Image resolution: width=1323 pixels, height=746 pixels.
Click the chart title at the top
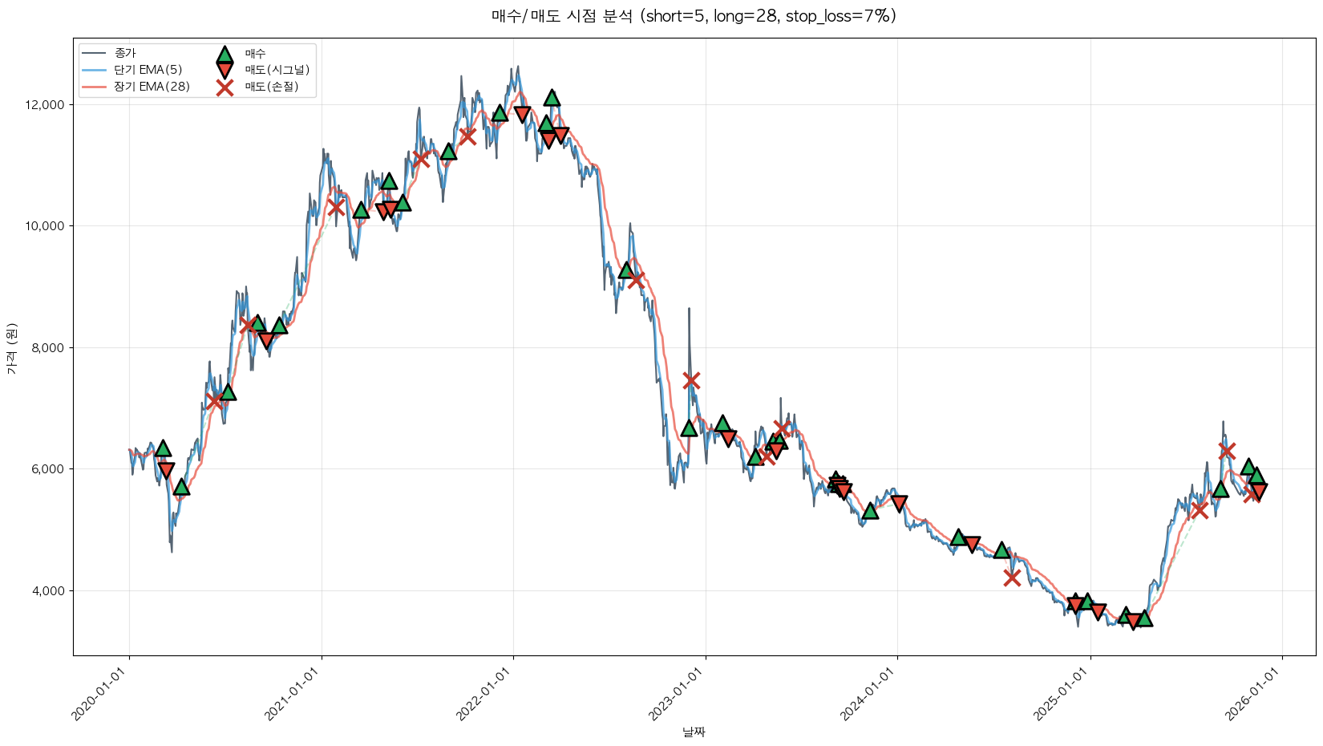694,16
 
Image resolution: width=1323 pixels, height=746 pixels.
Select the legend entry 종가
125,53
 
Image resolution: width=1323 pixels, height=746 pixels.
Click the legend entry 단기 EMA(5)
148,70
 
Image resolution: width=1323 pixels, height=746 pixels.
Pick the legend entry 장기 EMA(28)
152,87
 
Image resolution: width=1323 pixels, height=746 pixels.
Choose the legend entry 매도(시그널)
277,70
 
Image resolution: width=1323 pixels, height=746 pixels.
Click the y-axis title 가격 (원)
11,348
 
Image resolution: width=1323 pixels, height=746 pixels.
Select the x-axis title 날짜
694,732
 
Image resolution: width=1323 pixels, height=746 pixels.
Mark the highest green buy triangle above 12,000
552,98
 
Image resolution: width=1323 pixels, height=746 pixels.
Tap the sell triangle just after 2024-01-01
899,504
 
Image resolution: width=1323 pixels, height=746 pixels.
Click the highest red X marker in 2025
1226,450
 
